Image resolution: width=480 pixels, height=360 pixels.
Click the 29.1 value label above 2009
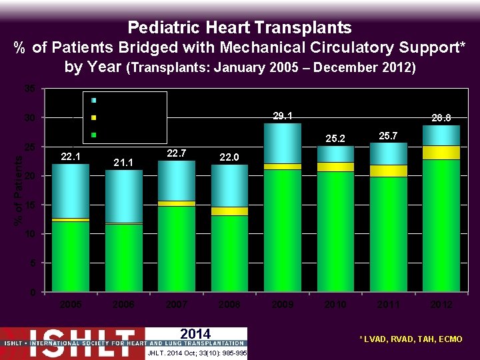282,116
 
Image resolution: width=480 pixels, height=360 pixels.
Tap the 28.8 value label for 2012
441,118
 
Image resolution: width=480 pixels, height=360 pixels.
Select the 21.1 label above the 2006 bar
124,162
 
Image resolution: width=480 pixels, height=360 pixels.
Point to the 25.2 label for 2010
335,139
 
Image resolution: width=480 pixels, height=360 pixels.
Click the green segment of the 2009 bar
282,230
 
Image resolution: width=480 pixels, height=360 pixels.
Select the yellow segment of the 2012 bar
441,152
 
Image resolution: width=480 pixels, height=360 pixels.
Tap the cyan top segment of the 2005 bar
71,191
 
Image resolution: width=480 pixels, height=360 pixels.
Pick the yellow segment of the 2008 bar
229,211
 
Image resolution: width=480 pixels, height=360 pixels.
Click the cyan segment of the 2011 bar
388,153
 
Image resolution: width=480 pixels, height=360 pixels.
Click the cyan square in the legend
95,100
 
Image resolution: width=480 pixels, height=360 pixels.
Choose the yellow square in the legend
95,117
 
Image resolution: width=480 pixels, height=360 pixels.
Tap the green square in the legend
95,135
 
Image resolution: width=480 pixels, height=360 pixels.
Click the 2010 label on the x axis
335,304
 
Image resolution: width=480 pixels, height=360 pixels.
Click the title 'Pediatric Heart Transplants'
239,27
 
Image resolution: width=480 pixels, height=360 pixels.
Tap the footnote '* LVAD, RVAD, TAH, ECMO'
411,340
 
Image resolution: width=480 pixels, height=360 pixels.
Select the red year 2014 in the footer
195,334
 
